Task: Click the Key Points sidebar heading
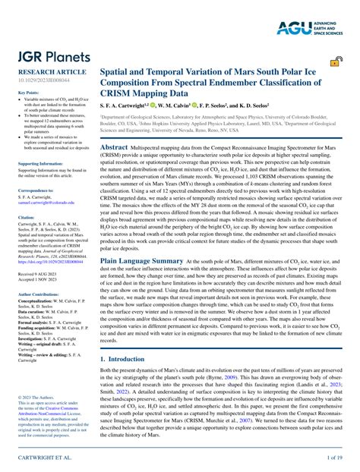coord(28,92)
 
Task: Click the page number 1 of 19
coord(336,458)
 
